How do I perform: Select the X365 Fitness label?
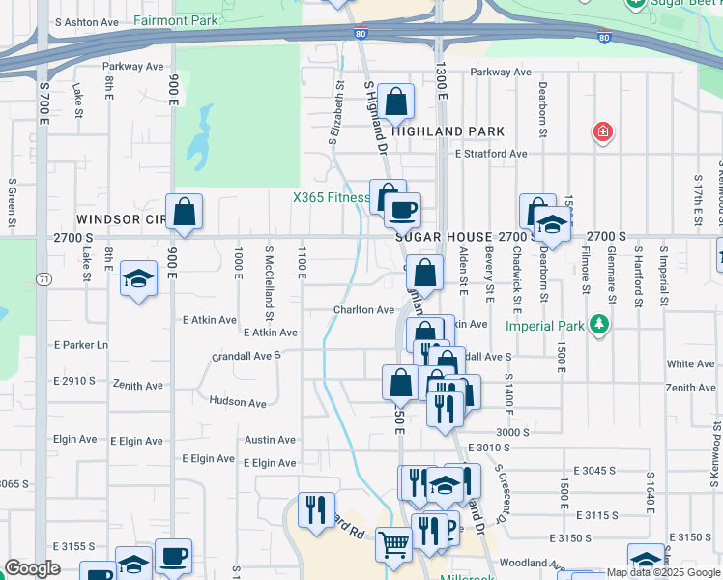coord(332,198)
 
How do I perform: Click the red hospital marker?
coord(603,130)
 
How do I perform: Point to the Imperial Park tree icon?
coord(601,324)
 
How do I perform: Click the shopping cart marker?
coord(393,543)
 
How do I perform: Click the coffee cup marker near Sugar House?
coord(402,208)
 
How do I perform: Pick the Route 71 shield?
coord(44,279)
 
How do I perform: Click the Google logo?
coord(32,568)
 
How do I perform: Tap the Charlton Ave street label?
coord(364,310)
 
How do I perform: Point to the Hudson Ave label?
coord(237,402)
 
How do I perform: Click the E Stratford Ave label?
coord(491,153)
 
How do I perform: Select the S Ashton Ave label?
coord(87,21)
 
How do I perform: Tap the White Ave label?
coord(690,364)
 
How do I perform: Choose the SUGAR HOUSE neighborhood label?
coord(444,237)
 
